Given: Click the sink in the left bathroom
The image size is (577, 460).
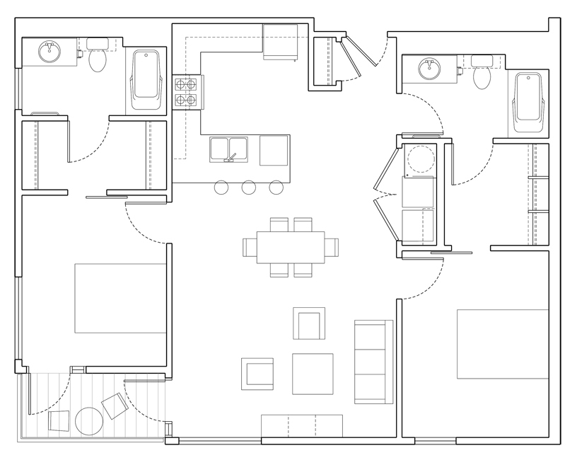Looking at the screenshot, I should (49, 52).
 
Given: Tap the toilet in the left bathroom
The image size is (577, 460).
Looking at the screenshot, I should (98, 58).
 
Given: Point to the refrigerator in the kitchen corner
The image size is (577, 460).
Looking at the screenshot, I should (281, 42).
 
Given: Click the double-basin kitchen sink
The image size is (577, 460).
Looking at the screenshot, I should (228, 149).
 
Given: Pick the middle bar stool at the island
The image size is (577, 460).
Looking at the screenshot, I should (248, 188).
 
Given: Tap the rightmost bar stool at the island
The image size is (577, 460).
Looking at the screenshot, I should (276, 188).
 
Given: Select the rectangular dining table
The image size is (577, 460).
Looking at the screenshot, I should (291, 247).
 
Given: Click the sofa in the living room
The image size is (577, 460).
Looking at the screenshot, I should (373, 362).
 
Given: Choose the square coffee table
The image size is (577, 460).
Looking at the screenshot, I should (313, 374).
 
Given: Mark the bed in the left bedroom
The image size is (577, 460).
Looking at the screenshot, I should (120, 298).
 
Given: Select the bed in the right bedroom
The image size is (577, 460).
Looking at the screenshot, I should (502, 343).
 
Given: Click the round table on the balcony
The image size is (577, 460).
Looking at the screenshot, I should (90, 420).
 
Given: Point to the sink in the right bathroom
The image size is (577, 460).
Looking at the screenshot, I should (429, 69).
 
